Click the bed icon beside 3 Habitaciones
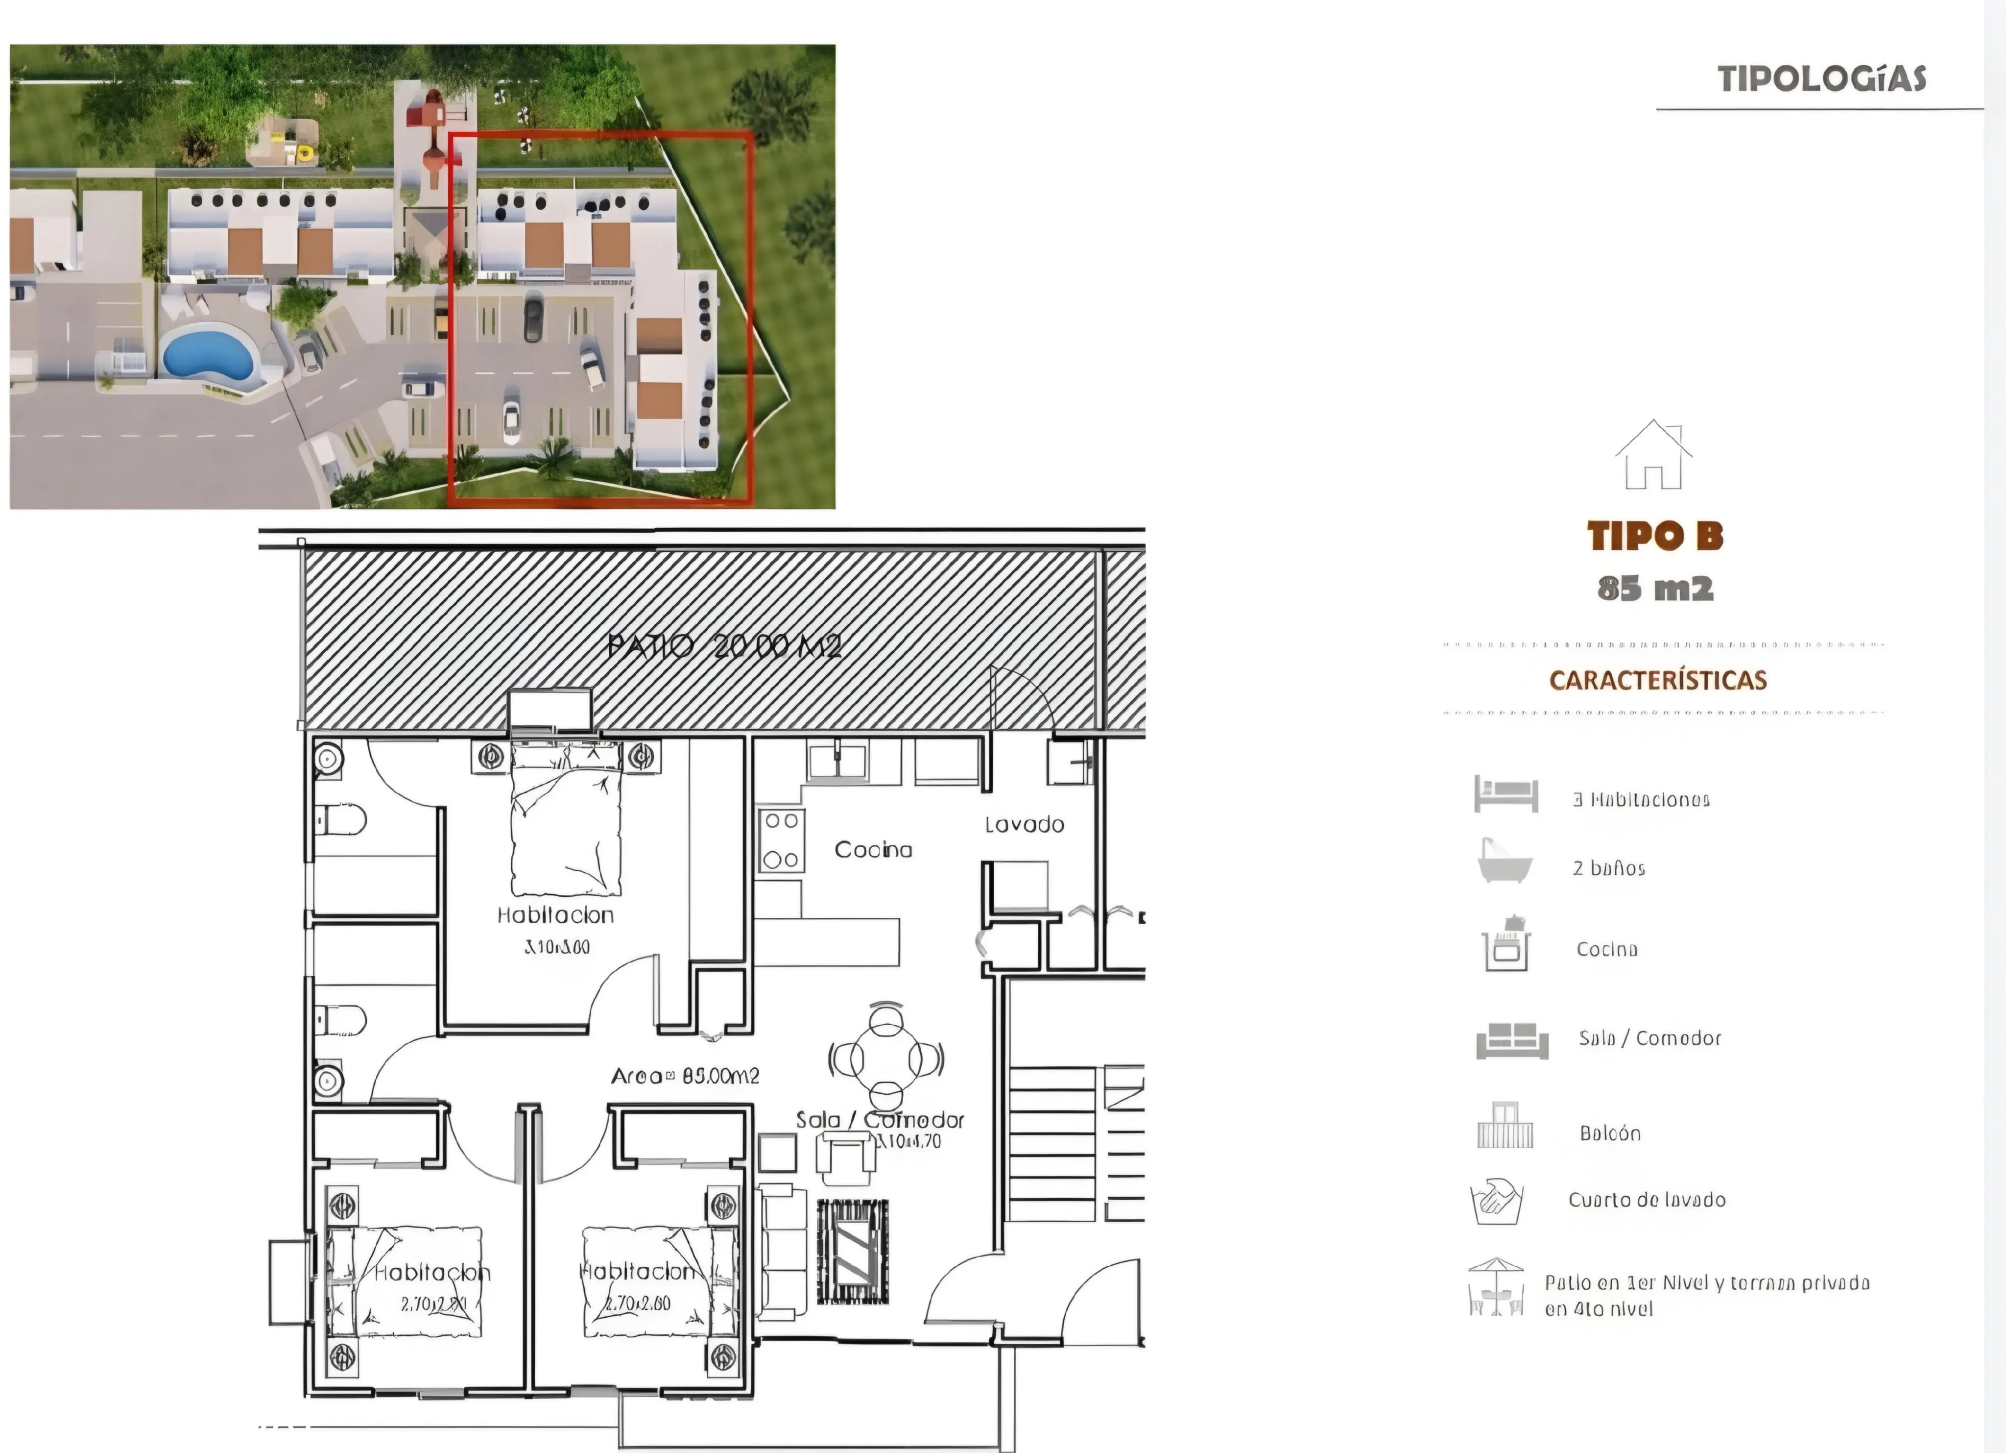pos(1505,794)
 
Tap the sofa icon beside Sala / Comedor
pos(1511,1041)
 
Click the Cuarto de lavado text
pos(1646,1200)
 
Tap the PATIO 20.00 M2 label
pos(723,647)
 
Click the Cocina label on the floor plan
pos(873,849)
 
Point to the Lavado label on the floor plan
pos(1024,825)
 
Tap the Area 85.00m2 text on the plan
pos(685,1076)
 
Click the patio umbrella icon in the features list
pos(1496,1287)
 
